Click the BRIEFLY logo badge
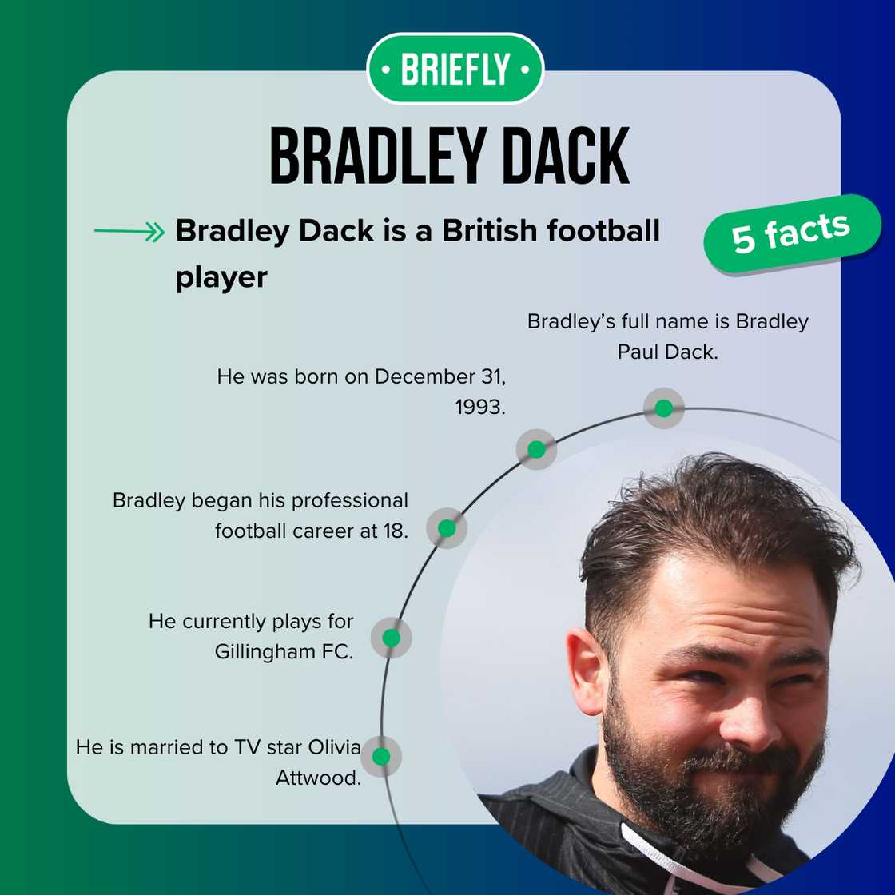[x=455, y=70]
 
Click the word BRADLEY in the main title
[x=370, y=157]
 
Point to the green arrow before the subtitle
[x=129, y=233]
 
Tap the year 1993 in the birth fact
[x=479, y=407]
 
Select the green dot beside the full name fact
[x=663, y=408]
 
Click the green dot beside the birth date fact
[x=536, y=449]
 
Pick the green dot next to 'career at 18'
[x=447, y=528]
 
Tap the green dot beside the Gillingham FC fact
[x=391, y=638]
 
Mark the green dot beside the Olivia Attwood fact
[x=381, y=756]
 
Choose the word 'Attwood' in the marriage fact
[x=318, y=778]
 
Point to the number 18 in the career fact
[x=393, y=531]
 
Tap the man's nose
[x=747, y=711]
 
